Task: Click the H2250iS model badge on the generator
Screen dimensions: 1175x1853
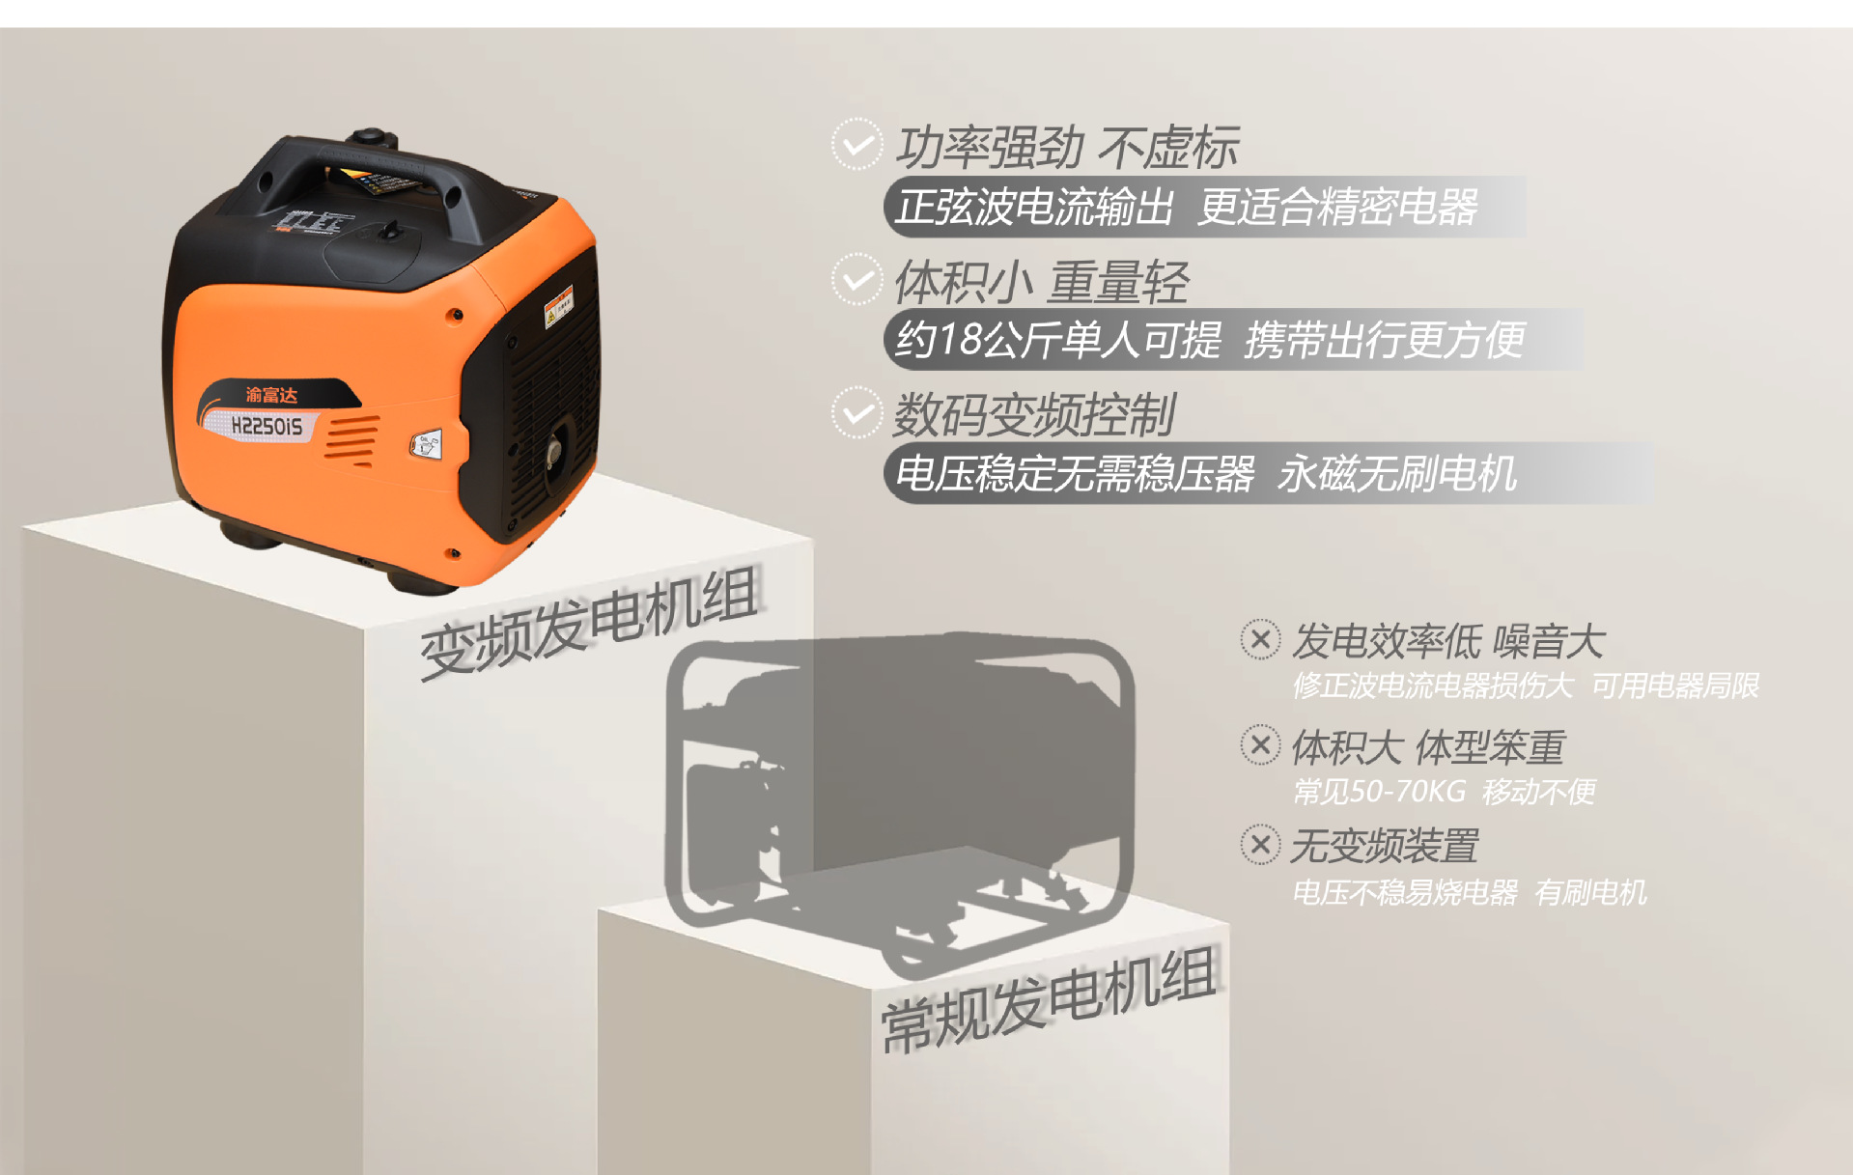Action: [266, 426]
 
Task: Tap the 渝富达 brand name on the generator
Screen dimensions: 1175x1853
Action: [271, 394]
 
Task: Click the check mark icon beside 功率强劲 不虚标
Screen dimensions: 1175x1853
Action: [856, 145]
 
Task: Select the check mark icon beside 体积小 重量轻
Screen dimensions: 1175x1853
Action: [856, 280]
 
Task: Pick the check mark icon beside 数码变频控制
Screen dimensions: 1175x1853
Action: [856, 413]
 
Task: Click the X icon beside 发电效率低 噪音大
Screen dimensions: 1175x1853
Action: [1260, 639]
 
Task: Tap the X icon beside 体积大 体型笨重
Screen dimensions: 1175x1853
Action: [1260, 744]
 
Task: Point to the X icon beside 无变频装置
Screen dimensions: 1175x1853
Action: [1260, 845]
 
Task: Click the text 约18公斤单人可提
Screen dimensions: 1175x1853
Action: [1058, 340]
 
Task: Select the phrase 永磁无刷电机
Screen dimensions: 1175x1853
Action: [1396, 473]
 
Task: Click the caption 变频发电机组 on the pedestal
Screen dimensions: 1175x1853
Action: [589, 623]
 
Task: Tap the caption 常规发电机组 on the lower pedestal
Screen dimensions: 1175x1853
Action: [1048, 999]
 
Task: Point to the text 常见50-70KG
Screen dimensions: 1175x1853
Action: [1379, 792]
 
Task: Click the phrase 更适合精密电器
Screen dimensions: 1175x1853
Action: [1337, 207]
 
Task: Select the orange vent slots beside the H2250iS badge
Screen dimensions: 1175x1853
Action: [351, 440]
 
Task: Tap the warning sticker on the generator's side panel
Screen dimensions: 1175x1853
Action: [559, 306]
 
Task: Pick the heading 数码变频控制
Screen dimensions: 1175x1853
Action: [1033, 415]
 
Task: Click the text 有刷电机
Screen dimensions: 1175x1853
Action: [1590, 892]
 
